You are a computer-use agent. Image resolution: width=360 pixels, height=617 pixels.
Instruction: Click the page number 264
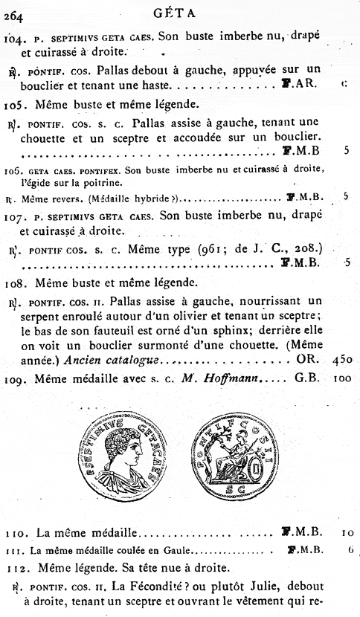coord(13,11)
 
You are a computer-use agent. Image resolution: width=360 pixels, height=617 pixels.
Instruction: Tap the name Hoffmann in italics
coord(237,378)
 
